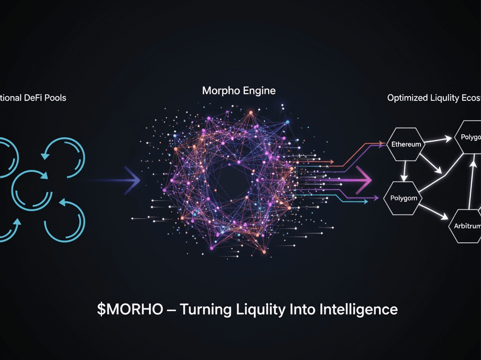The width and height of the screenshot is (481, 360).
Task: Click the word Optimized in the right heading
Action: click(x=406, y=98)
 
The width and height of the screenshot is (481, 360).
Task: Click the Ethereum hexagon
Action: click(x=406, y=144)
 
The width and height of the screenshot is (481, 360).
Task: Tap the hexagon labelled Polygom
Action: click(x=403, y=198)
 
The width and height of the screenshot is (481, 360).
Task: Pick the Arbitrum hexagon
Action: click(x=467, y=226)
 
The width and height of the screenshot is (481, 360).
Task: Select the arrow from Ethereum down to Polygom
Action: click(x=403, y=171)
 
